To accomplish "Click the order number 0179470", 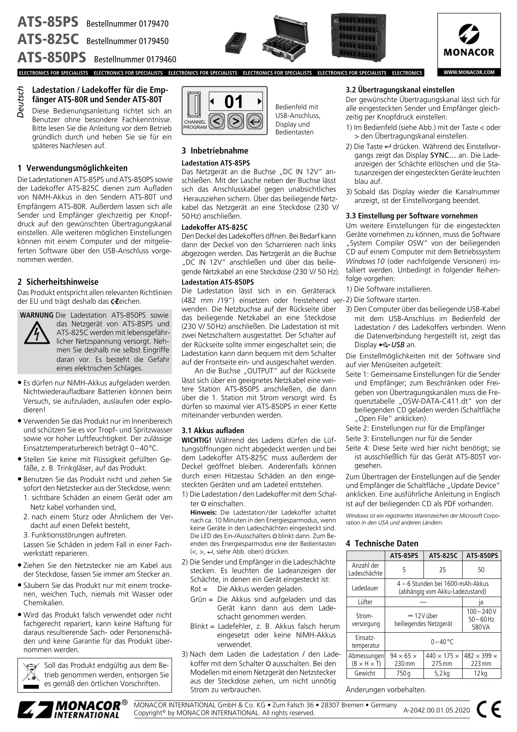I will point(154,24).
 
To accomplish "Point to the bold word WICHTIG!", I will point(196,440).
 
